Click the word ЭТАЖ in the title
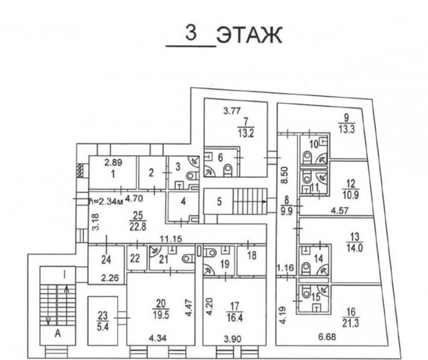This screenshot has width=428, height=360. coord(249,35)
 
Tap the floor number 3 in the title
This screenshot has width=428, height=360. coord(191,33)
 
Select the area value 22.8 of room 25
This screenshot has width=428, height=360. coord(137,227)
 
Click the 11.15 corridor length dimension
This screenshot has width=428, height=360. coord(171,239)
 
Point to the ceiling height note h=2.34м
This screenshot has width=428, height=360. coord(106,202)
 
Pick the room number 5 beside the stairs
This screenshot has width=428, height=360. coord(220,202)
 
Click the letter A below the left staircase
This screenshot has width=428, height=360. coord(58,333)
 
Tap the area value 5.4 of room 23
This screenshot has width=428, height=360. coord(103,326)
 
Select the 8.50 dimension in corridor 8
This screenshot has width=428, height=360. coord(284,175)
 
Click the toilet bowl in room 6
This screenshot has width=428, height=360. coord(227,171)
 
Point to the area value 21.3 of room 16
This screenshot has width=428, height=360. coord(351,324)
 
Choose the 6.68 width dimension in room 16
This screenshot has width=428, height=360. coord(327,336)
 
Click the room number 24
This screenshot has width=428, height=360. coord(106,260)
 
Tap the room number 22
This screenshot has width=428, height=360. coord(135,258)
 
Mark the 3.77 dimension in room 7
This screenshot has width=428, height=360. coord(232,111)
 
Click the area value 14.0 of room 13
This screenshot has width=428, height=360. coord(354,248)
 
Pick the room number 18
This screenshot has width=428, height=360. coord(252,256)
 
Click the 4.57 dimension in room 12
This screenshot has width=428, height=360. coord(339,211)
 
